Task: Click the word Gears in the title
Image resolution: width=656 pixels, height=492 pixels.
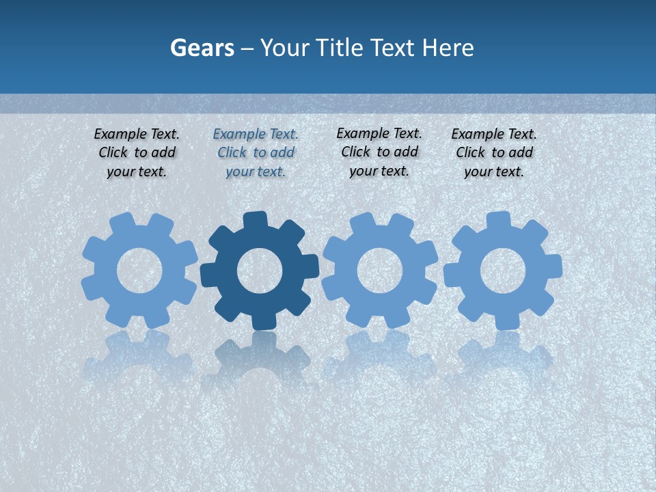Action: pos(202,48)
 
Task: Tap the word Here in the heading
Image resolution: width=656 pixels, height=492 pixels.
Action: pos(448,48)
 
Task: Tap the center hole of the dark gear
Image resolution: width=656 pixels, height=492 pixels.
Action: pos(260,271)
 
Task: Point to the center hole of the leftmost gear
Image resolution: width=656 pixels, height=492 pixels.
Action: pos(139,271)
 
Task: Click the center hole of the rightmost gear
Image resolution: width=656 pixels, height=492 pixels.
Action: pos(503,271)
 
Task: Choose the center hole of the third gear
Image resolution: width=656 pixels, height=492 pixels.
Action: pos(379,271)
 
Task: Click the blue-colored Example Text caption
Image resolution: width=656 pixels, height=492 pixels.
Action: pos(256,153)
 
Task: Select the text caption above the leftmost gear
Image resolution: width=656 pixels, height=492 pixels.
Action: pos(137,153)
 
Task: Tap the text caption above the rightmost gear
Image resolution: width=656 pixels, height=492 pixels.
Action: pos(494,153)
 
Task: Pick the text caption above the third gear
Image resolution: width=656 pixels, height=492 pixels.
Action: pos(379,152)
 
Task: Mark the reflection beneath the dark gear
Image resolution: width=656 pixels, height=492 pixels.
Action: pos(260,359)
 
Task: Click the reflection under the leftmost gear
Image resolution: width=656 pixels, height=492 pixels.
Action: pos(139,359)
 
